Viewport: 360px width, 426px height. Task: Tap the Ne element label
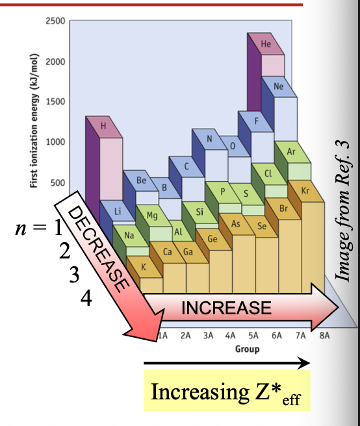tap(279, 86)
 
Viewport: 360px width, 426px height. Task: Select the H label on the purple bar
tap(102, 126)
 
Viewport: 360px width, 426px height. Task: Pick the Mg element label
tap(151, 215)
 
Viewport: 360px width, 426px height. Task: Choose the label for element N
tap(210, 139)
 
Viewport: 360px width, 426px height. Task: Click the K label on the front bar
tap(143, 267)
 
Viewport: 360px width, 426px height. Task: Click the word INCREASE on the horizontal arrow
tap(225, 307)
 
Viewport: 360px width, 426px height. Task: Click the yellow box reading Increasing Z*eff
tap(227, 391)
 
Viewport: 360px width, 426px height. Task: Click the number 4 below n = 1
tap(87, 298)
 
